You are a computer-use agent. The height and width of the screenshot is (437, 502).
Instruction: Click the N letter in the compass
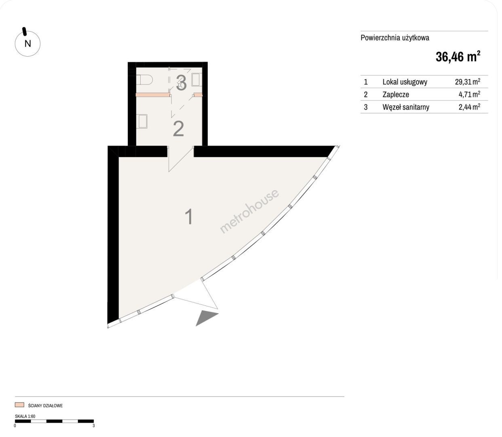click(28, 44)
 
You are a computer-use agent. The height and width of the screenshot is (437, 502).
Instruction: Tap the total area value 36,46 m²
click(458, 57)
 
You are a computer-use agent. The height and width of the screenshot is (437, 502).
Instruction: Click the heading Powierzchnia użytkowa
click(395, 38)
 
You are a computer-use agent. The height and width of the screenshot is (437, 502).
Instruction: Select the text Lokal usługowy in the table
click(405, 82)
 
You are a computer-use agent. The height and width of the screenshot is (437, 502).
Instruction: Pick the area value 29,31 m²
click(468, 82)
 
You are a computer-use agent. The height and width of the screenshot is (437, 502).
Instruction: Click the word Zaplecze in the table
click(396, 95)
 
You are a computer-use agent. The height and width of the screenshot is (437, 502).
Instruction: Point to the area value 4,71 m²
click(469, 94)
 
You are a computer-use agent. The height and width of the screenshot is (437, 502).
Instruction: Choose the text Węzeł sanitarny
click(406, 107)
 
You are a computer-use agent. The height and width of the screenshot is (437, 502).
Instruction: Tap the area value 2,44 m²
click(469, 107)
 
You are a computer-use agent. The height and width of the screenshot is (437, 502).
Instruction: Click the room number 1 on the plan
click(189, 216)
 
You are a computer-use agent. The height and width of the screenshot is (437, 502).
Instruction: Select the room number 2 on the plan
click(178, 129)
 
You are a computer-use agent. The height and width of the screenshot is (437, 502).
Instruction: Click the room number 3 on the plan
click(181, 83)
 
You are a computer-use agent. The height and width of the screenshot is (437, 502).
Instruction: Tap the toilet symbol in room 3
click(144, 80)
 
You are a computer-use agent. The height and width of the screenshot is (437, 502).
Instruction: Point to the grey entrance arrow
click(207, 318)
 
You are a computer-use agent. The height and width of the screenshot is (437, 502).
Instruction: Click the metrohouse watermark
click(249, 211)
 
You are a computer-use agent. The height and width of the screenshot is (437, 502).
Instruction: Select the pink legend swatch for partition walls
click(19, 405)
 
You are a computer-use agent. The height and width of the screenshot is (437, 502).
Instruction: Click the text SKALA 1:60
click(25, 416)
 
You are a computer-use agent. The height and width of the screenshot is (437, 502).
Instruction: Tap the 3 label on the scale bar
click(93, 426)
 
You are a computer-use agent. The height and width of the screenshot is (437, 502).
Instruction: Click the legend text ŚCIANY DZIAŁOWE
click(45, 405)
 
